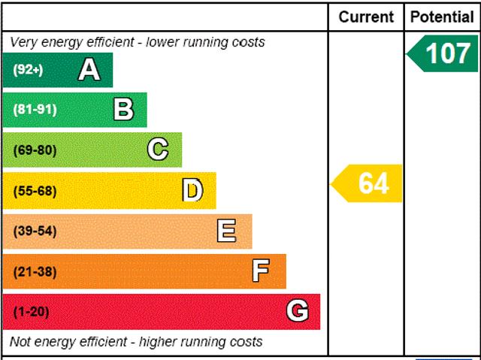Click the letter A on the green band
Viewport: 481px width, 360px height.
(x=89, y=70)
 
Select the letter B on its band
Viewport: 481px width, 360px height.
(x=123, y=110)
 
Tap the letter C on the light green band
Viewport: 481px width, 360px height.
(x=158, y=150)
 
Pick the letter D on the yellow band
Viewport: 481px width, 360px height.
(x=192, y=191)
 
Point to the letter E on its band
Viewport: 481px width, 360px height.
(x=226, y=231)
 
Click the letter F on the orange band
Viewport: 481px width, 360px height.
(x=261, y=271)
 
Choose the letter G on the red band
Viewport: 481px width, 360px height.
(x=298, y=311)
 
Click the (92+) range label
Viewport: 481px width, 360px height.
(x=29, y=70)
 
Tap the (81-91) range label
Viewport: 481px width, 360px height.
(x=35, y=110)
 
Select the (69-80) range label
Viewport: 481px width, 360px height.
(x=35, y=150)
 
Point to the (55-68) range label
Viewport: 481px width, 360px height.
(x=35, y=191)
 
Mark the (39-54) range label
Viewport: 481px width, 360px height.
(x=35, y=231)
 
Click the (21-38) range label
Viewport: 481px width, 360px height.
(x=35, y=271)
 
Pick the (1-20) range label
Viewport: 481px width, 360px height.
(x=31, y=311)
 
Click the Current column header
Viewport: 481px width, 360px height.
(x=366, y=17)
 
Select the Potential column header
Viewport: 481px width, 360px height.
(x=443, y=17)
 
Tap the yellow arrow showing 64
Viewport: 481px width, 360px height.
(x=368, y=183)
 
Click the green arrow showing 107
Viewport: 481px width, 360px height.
(x=443, y=53)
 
